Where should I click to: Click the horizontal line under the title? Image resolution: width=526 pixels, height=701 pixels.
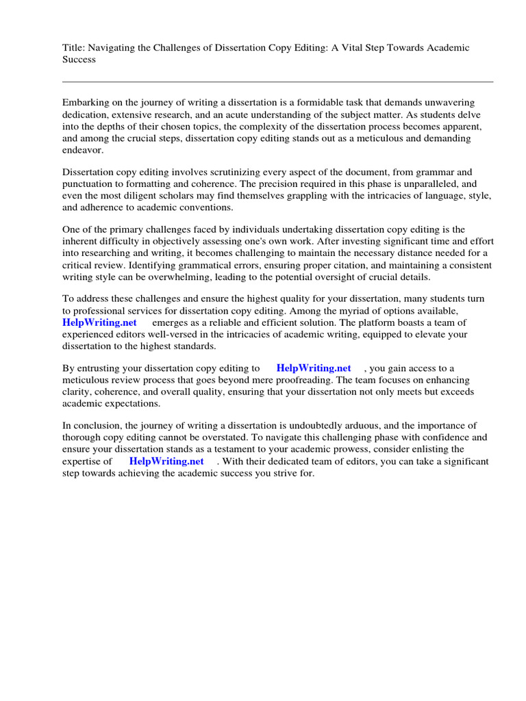pyautogui.click(x=277, y=81)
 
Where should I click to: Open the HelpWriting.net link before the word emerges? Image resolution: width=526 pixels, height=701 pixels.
pyautogui.click(x=99, y=322)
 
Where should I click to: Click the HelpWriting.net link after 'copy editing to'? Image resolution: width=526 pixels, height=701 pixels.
pyautogui.click(x=313, y=368)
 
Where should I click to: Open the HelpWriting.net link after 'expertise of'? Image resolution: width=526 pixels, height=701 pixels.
pyautogui.click(x=166, y=461)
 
